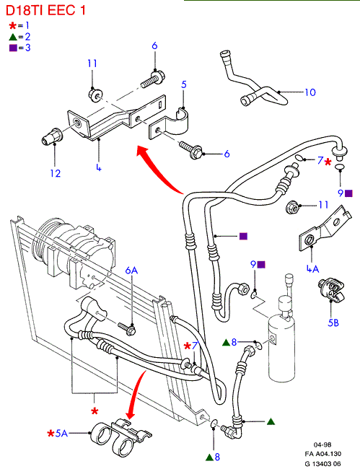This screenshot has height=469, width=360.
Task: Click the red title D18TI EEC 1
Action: (45, 10)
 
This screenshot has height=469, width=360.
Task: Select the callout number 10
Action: (310, 92)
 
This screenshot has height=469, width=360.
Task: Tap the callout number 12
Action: (56, 173)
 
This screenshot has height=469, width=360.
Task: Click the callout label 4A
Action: (313, 268)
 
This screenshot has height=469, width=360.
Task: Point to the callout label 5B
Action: (333, 323)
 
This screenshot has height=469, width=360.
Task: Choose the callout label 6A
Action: (131, 270)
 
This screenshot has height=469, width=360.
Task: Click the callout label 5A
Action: (61, 433)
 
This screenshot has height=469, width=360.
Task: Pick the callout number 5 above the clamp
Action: (184, 84)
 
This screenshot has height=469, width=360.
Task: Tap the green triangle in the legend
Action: (12, 37)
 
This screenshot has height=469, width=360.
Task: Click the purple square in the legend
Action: (13, 48)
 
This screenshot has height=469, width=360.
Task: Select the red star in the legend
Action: (12, 26)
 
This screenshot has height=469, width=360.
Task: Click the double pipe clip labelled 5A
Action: (120, 437)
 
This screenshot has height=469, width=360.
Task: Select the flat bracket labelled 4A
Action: (324, 228)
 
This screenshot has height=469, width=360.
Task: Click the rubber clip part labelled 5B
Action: (331, 289)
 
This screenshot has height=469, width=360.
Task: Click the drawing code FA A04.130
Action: (323, 454)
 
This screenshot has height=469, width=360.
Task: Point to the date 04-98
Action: (322, 444)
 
